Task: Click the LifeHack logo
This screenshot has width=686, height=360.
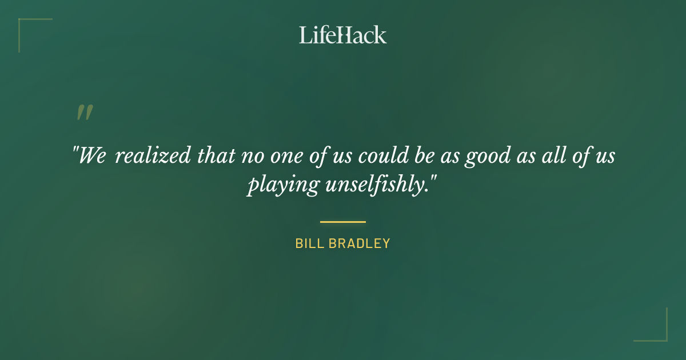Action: (x=342, y=35)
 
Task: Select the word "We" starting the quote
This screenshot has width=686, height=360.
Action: (x=91, y=156)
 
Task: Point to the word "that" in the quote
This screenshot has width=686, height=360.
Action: (x=216, y=156)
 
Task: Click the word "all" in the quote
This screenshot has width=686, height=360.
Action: (x=549, y=156)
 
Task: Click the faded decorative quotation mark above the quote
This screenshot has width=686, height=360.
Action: (x=84, y=113)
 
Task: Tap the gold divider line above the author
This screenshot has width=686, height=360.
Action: (x=342, y=222)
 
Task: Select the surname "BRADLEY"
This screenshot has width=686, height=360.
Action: (x=360, y=243)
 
